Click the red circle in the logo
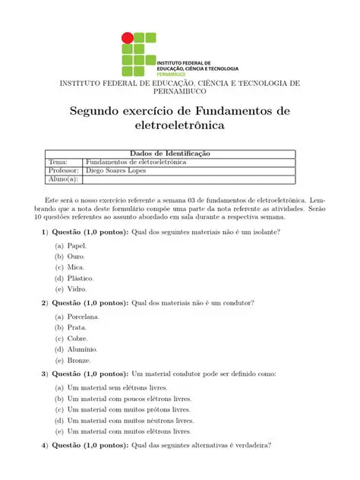128,37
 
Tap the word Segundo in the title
99,112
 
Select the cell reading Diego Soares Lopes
116,171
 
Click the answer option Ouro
75,257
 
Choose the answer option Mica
75,267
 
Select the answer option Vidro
77,289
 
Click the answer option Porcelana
83,317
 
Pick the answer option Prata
77,327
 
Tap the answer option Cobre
77,338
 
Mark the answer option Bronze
79,360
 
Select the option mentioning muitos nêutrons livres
130,420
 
